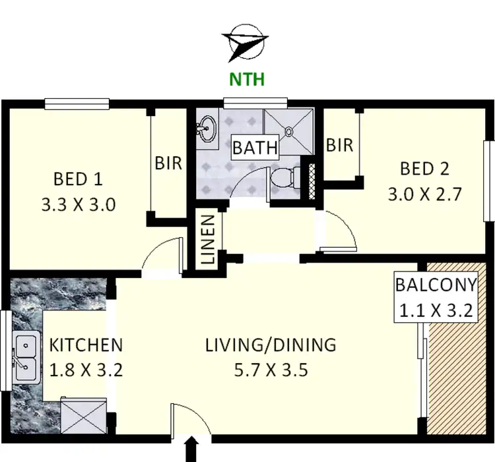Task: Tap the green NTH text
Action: pos(246,80)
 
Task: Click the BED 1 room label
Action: pos(79,179)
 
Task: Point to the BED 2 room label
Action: pos(424,169)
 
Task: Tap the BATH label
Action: pos(255,147)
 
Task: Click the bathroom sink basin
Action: pos(209,127)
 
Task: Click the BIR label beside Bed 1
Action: pos(168,163)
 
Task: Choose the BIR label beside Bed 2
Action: pos(340,145)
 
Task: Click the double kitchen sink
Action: pos(26,354)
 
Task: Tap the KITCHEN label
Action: pos(86,345)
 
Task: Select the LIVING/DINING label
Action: pos(270,345)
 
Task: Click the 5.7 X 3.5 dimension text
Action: pos(270,368)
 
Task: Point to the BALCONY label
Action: pos(436,285)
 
